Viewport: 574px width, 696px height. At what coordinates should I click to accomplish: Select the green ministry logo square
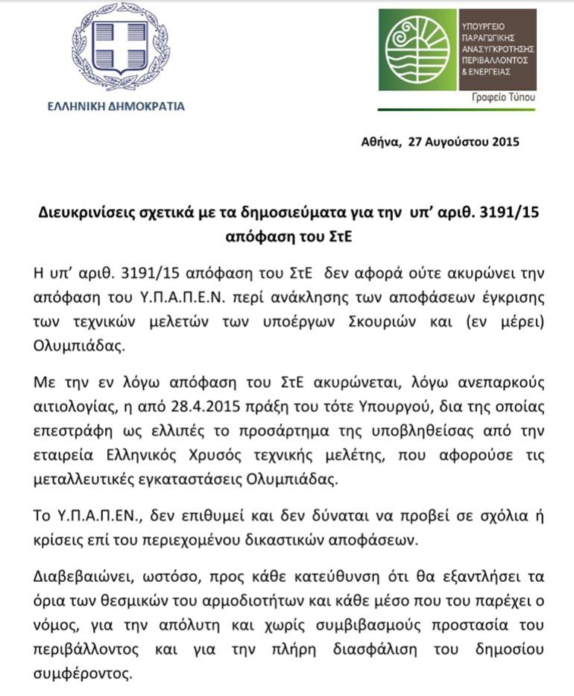click(415, 51)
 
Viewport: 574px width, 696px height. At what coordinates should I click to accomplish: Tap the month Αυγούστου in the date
click(455, 142)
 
